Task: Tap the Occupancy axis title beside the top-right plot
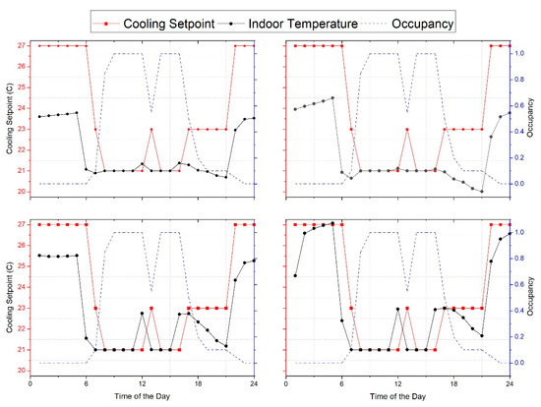click(x=533, y=118)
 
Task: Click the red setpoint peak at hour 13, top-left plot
click(x=151, y=129)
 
